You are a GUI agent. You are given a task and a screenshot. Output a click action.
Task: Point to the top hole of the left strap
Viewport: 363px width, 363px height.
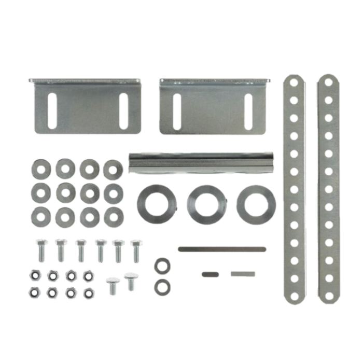point(294,81)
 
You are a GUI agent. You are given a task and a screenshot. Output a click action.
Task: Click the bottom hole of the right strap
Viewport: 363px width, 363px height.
point(328,296)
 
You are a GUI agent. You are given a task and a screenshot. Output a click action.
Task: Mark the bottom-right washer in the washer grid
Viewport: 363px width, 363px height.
point(113,217)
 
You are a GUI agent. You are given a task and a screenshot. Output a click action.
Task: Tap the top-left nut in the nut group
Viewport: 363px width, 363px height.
point(34,274)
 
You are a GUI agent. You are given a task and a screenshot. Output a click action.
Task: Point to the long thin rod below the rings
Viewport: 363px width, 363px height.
point(222,249)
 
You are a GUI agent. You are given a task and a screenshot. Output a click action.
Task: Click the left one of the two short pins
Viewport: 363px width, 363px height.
point(210,274)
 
